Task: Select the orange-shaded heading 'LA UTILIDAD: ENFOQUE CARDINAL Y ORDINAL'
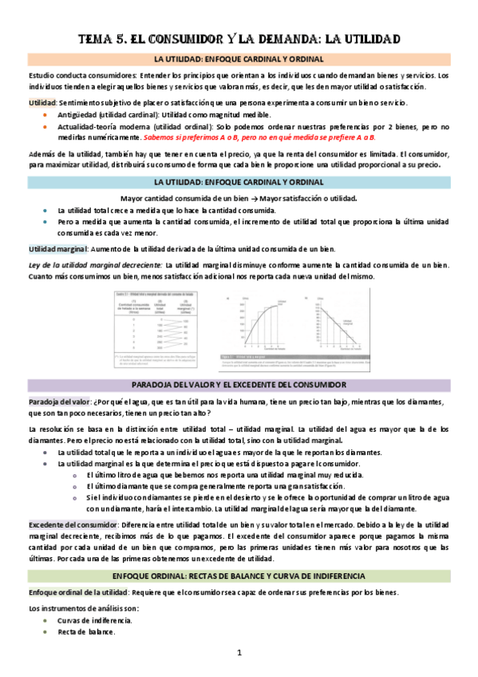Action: [239, 60]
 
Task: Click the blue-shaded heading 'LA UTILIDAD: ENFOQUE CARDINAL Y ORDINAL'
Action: [239, 182]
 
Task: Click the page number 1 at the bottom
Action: [239, 653]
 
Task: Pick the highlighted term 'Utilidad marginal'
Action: [57, 249]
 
